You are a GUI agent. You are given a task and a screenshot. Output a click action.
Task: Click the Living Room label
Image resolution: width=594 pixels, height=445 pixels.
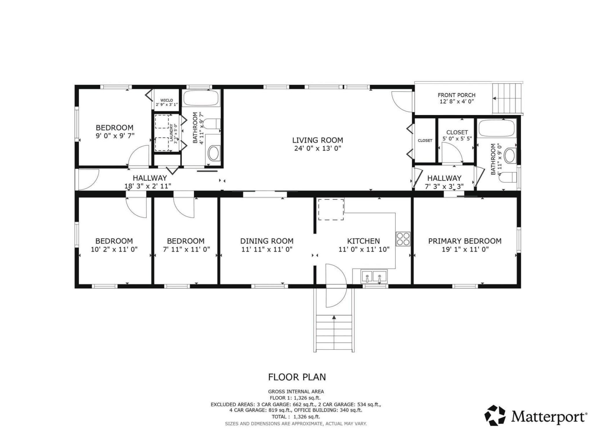tap(318, 140)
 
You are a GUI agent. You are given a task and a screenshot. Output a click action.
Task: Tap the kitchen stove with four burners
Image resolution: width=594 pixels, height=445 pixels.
tap(403, 239)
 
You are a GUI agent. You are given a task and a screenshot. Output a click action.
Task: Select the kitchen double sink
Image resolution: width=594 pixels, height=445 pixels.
tap(374, 276)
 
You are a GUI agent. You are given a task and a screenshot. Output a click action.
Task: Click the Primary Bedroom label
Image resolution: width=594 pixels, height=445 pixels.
tap(465, 241)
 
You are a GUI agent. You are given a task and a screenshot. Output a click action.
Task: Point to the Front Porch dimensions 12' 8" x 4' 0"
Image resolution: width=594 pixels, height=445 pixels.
tap(457, 102)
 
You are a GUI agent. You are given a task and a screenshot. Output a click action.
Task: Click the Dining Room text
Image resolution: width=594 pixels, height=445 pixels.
tap(267, 241)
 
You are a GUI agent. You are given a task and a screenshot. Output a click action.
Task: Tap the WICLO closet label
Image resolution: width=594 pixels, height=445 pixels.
tap(167, 100)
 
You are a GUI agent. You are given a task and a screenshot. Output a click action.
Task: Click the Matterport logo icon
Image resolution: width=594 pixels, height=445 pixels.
tap(495, 415)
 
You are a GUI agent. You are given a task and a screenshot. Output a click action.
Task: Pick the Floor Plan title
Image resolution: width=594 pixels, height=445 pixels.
tap(297, 377)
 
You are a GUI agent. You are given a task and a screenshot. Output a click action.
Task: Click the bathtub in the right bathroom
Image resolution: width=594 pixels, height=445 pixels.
tap(497, 128)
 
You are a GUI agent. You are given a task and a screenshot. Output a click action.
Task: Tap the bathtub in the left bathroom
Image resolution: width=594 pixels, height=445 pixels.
tap(201, 98)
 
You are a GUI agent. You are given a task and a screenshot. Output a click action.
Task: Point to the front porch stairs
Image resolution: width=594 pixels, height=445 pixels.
tap(508, 99)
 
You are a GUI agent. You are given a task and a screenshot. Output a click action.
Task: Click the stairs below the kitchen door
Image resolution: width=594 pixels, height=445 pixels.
tap(334, 333)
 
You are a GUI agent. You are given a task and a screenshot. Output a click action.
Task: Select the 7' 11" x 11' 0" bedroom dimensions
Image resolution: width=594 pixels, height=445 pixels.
tap(186, 249)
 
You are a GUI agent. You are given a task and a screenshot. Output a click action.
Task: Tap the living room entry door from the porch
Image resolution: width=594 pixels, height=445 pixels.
tap(402, 102)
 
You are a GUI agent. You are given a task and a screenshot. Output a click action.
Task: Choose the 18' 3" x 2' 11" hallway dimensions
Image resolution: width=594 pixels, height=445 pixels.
tap(148, 186)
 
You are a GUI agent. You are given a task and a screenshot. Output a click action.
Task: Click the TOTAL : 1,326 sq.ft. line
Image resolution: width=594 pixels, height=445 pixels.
tap(296, 417)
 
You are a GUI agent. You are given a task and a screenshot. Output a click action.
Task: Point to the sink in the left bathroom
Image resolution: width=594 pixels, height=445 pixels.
tap(214, 153)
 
